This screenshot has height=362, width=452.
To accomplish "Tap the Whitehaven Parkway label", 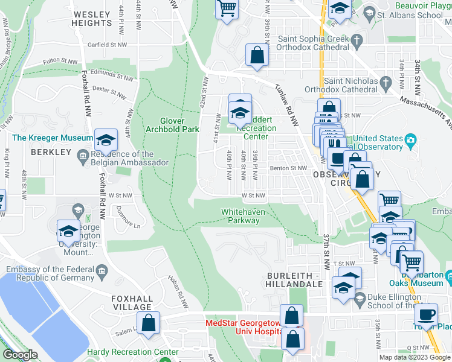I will (x=240, y=216).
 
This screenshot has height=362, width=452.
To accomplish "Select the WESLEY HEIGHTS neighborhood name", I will (x=92, y=18).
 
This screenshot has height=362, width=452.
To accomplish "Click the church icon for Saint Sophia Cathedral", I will (x=357, y=42).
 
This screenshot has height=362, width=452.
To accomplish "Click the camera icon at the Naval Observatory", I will (x=411, y=141).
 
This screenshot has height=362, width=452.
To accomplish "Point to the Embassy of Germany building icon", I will (x=100, y=269).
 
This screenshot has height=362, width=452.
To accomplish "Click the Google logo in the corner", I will (x=21, y=355).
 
